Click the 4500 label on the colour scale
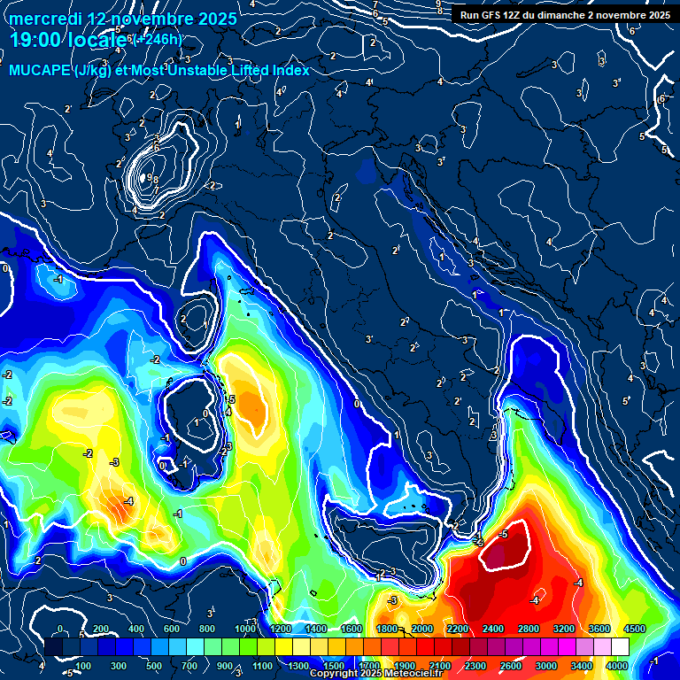(x=634, y=629)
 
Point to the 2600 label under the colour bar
(x=511, y=666)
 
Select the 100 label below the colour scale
(x=83, y=666)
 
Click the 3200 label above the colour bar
(x=564, y=629)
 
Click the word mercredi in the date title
(x=46, y=19)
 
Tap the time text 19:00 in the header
(x=35, y=39)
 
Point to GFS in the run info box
(x=497, y=15)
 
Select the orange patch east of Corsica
(x=253, y=408)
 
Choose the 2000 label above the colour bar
(x=421, y=629)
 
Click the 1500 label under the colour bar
(x=333, y=666)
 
